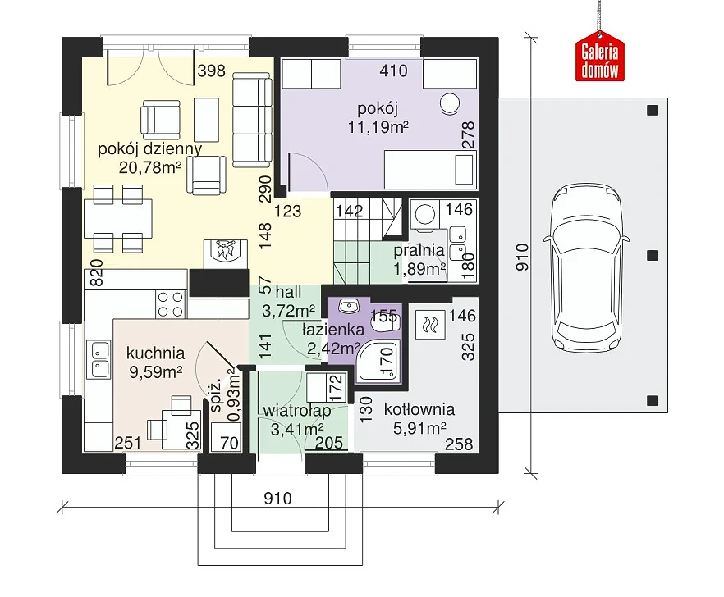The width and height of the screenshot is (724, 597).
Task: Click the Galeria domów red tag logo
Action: (x=600, y=56)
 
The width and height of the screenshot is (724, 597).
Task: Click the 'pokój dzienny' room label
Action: (x=150, y=149)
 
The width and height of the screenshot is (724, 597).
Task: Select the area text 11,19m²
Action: (x=378, y=127)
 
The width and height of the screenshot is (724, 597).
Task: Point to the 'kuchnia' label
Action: (x=156, y=353)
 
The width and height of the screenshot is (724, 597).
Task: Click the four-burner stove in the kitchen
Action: (x=171, y=304)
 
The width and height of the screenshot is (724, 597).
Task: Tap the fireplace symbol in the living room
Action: (x=225, y=253)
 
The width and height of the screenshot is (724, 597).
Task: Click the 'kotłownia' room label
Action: (x=419, y=409)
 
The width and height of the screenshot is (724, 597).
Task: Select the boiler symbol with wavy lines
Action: (x=430, y=325)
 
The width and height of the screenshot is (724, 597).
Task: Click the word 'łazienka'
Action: (x=333, y=330)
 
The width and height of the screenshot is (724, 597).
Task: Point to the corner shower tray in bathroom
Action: (x=379, y=362)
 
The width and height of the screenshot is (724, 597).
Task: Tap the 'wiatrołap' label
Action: (x=297, y=410)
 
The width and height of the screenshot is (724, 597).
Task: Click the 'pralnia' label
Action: (x=419, y=250)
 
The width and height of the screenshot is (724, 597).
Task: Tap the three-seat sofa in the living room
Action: (x=252, y=120)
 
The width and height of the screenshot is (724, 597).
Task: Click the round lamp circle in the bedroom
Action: (x=450, y=103)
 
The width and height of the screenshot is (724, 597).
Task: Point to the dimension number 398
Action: (x=212, y=71)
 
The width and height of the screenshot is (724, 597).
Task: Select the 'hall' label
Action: (x=289, y=292)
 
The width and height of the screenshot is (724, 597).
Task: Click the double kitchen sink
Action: (x=100, y=359)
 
